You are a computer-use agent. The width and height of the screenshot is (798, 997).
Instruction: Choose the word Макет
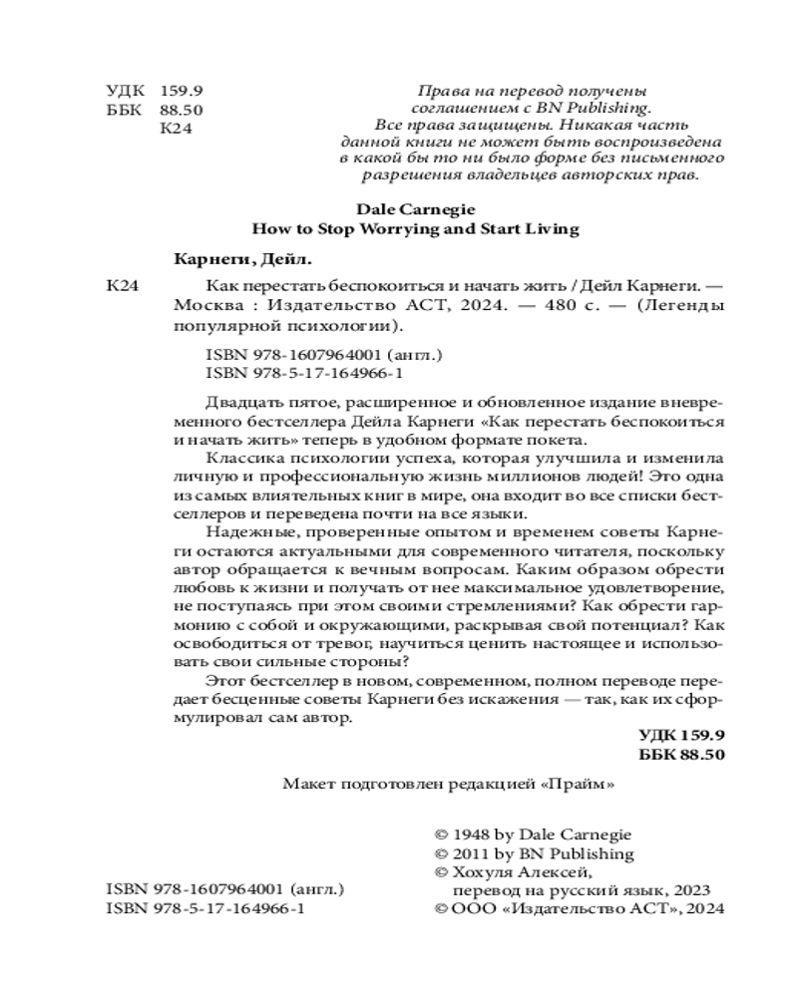306,784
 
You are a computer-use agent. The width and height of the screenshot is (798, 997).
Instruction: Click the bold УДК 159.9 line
680,735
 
